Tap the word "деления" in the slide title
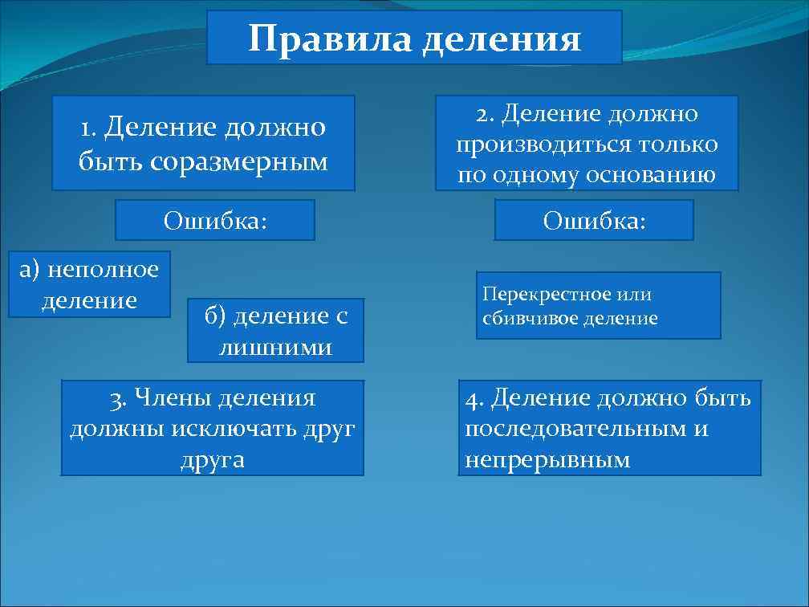point(501,39)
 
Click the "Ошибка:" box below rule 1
point(215,220)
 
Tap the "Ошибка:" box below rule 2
point(594,220)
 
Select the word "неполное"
point(103,270)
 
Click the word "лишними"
point(275,347)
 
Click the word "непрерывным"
point(547,460)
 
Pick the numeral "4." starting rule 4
point(475,397)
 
